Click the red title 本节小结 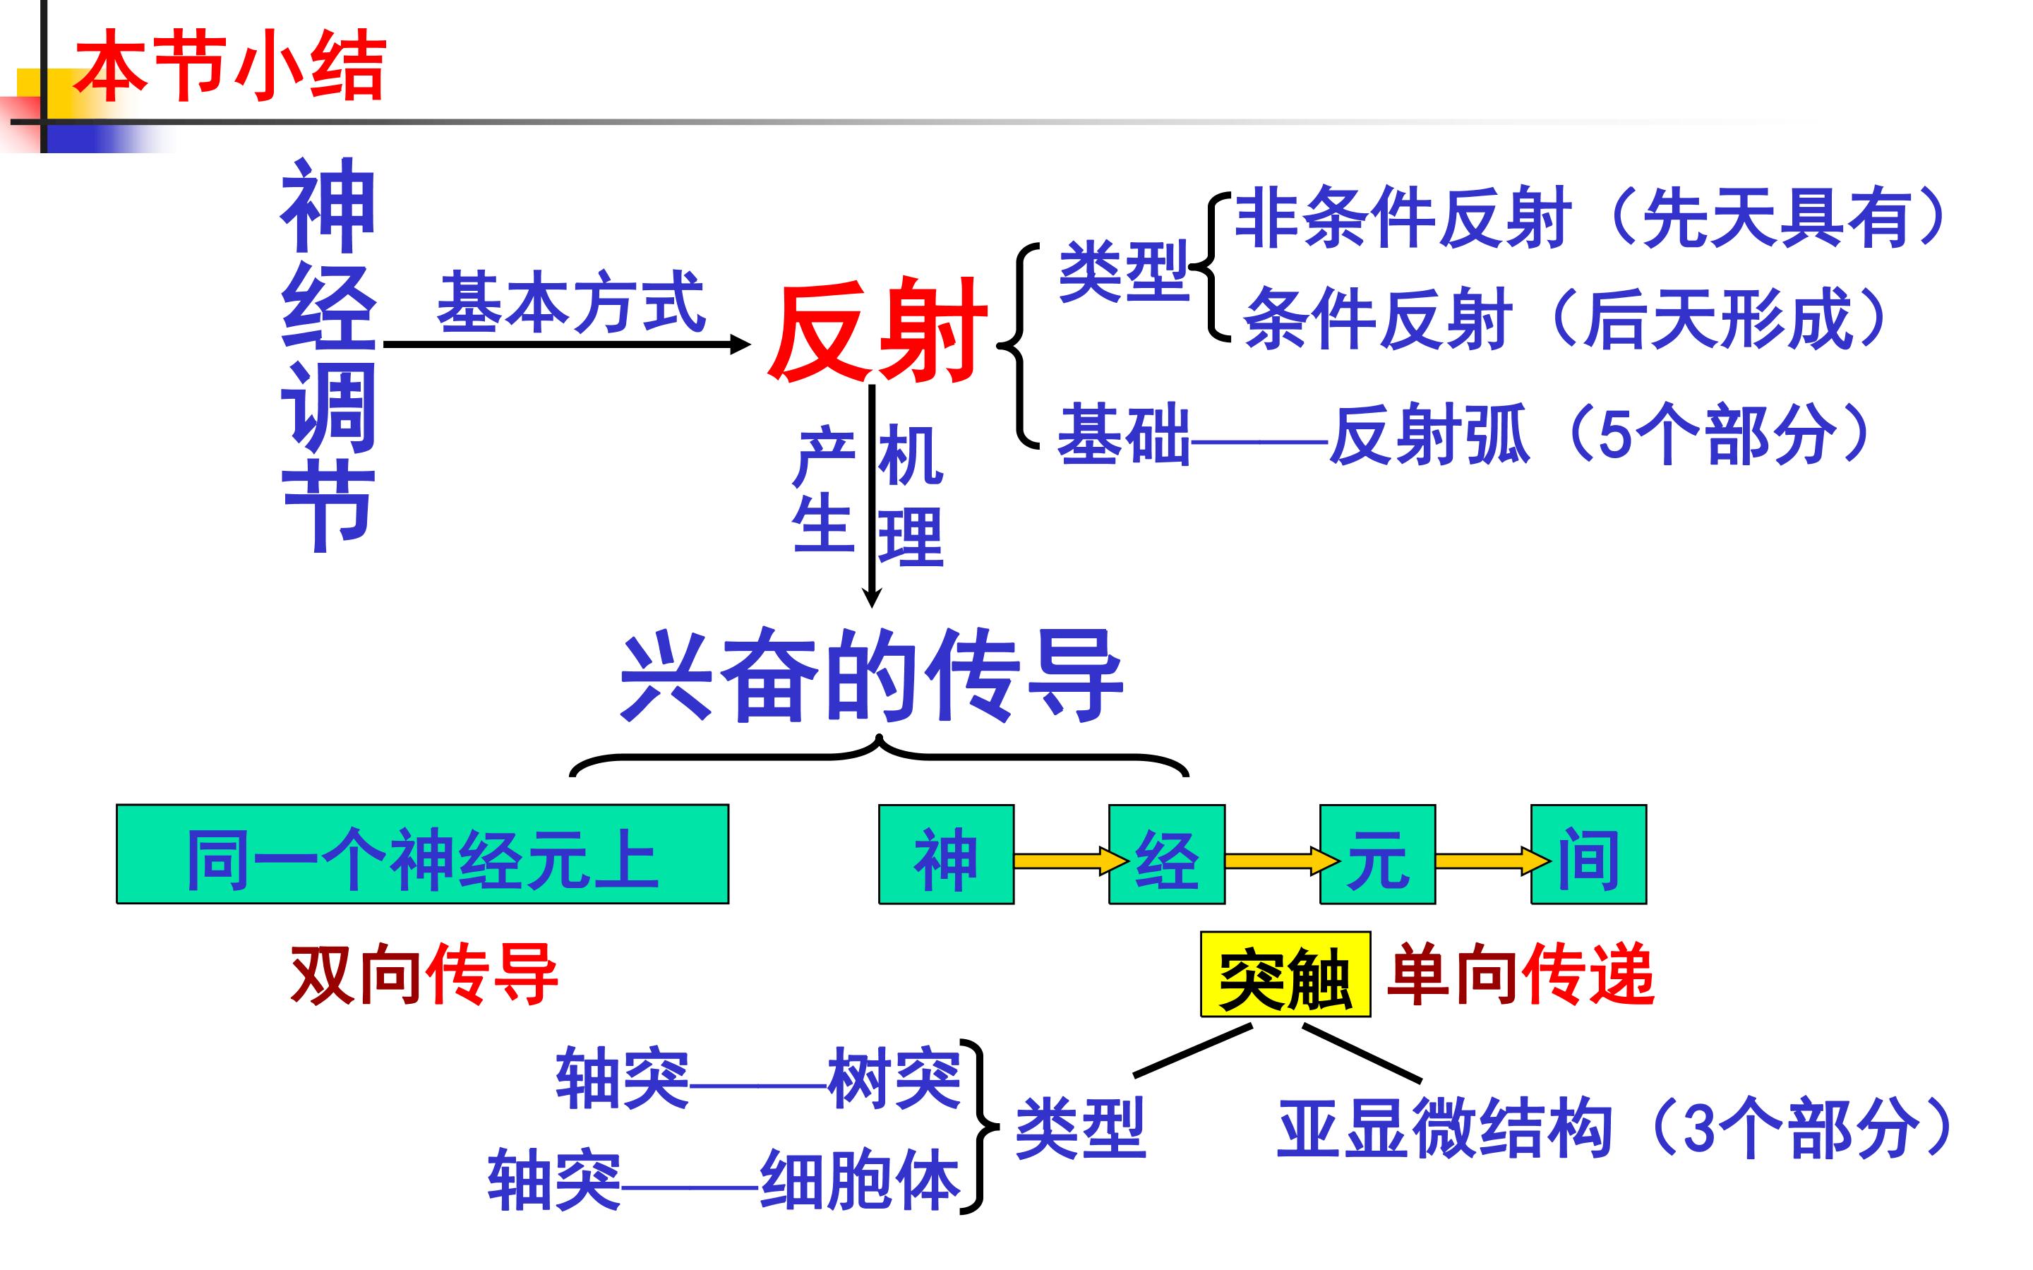pos(230,66)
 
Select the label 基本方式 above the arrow pos(571,302)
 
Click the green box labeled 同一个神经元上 pos(422,855)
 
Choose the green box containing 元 pos(1377,855)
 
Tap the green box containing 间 pos(1588,855)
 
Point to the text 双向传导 pos(424,974)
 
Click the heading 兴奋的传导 pos(872,677)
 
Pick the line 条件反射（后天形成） pos(1566,319)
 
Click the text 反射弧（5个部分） pos(1600,435)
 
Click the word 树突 pos(894,1079)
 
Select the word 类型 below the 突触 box pos(1080,1128)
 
